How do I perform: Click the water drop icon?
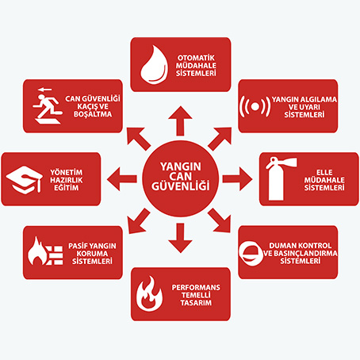pos(154,65)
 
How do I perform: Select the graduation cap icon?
pos(25,180)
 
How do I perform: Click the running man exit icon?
pos(48,105)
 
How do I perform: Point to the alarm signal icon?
pos(255,106)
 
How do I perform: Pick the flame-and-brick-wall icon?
pos(45,251)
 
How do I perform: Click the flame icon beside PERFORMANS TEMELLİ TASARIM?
pos(149,294)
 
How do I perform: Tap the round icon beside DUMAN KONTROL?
pos(251,252)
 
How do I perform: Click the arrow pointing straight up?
pos(180,121)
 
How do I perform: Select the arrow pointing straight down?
pos(180,238)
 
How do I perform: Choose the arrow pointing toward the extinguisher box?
pos(237,179)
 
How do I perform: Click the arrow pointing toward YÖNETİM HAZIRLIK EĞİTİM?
pos(122,179)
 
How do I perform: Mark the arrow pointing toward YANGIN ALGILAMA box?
pos(220,138)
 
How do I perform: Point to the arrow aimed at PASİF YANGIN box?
pos(139,221)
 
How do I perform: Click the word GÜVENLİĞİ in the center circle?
pos(181,186)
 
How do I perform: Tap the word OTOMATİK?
pos(196,58)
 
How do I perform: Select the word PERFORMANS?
pos(196,287)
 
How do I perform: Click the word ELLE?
pos(324,172)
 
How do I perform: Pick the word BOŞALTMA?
pos(93,114)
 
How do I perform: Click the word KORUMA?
pos(92,254)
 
